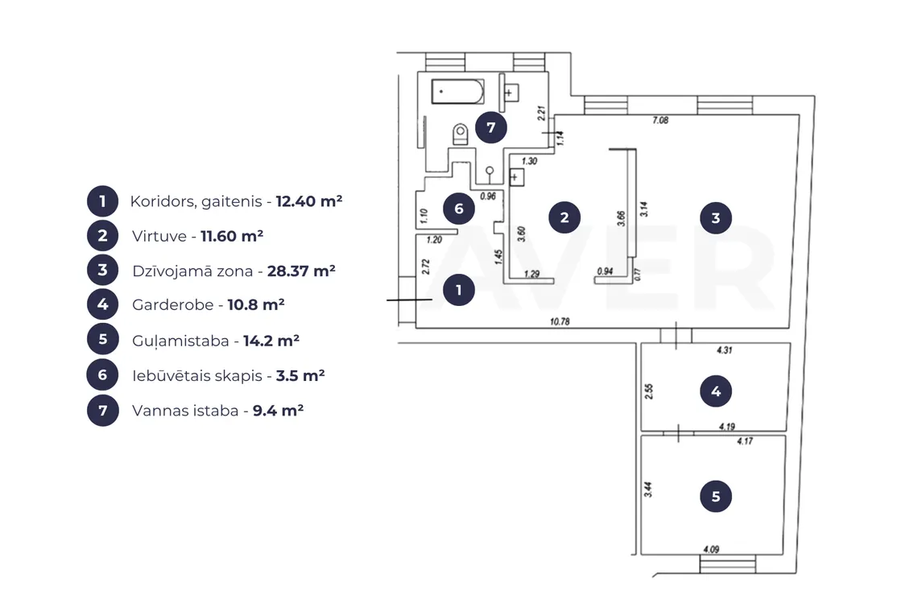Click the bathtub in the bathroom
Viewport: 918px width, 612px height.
458,92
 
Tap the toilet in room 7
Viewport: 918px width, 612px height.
461,134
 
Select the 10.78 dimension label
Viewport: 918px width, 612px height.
560,321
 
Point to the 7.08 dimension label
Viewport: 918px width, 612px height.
660,120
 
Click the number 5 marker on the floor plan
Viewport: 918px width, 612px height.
715,497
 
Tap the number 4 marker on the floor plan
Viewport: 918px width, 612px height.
715,391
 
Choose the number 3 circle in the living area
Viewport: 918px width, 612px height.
715,218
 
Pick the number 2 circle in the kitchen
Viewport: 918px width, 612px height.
564,217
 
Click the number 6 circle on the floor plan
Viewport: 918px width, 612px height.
458,209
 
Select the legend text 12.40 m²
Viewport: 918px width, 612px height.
309,201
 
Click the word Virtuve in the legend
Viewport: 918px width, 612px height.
159,236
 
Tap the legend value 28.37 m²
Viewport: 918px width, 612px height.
301,271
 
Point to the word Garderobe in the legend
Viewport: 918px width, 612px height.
172,304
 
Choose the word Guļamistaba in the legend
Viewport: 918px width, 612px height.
181,341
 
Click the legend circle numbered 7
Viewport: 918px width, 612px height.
103,410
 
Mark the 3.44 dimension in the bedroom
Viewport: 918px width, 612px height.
648,490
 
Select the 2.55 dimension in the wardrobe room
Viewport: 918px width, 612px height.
649,391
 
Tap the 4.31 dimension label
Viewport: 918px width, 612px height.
724,350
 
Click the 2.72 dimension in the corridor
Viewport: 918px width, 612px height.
426,267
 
